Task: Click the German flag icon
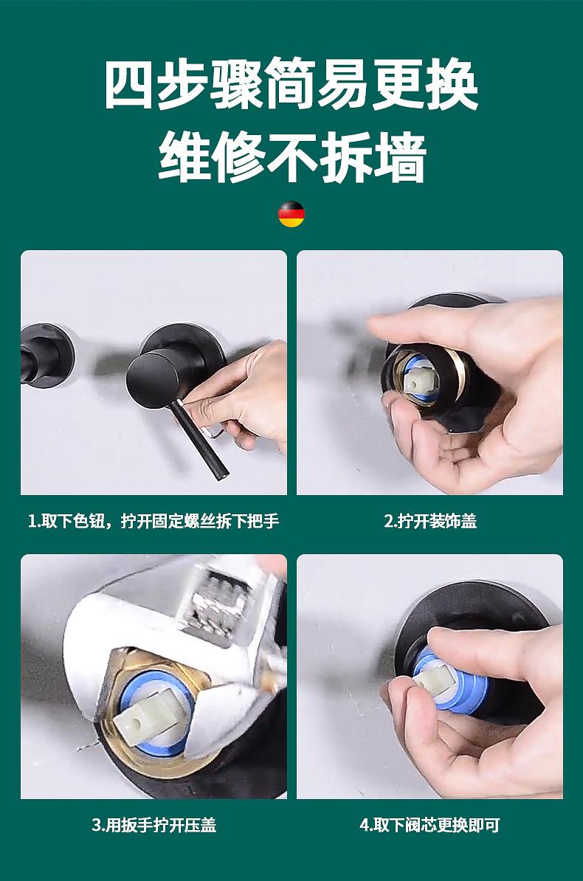[x=291, y=213]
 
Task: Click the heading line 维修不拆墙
[x=292, y=157]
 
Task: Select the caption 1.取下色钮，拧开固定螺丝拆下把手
[x=153, y=522]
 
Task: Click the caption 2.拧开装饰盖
[x=430, y=522]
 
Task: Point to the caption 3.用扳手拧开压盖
[x=154, y=826]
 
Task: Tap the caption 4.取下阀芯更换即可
[x=430, y=826]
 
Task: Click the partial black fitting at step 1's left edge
[x=45, y=355]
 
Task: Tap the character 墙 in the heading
[x=400, y=157]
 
